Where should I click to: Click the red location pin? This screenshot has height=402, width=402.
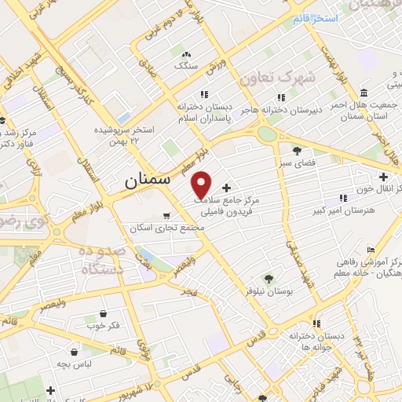(x=202, y=184)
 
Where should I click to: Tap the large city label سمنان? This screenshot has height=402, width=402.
(x=147, y=180)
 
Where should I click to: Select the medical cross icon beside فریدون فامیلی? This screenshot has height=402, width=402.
(x=228, y=188)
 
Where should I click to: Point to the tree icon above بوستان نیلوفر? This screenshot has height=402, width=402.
(x=268, y=279)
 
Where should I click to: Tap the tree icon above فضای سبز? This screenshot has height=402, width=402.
(x=296, y=151)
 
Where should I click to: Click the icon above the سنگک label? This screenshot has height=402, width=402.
(x=186, y=55)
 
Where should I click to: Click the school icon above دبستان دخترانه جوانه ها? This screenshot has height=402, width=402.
(x=316, y=323)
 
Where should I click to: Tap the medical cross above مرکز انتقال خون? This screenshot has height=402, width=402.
(x=383, y=177)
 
